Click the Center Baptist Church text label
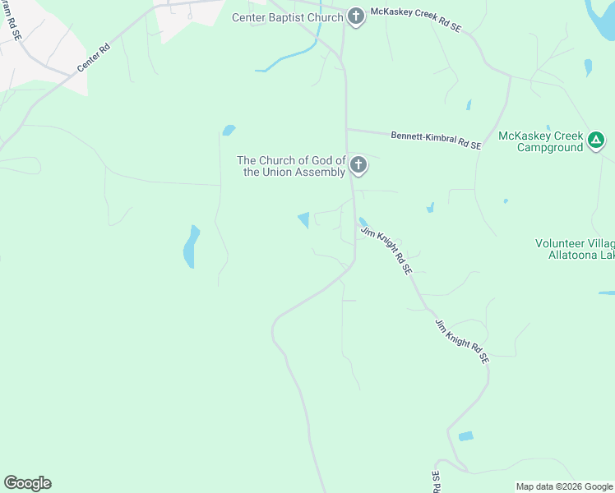(x=287, y=17)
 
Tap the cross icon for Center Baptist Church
(x=356, y=16)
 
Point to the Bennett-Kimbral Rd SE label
(x=436, y=140)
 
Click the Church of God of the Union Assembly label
(x=291, y=166)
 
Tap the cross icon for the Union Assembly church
(x=358, y=166)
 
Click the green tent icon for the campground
(x=597, y=141)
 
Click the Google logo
(x=27, y=483)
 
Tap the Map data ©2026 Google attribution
(x=564, y=486)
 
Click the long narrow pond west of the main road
(x=191, y=246)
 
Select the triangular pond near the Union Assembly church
(x=304, y=219)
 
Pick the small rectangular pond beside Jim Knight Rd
(x=466, y=436)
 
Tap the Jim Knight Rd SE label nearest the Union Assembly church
(x=386, y=251)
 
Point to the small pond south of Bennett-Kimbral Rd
(x=429, y=209)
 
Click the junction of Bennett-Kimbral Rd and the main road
(x=346, y=128)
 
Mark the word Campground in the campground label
(x=549, y=148)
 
